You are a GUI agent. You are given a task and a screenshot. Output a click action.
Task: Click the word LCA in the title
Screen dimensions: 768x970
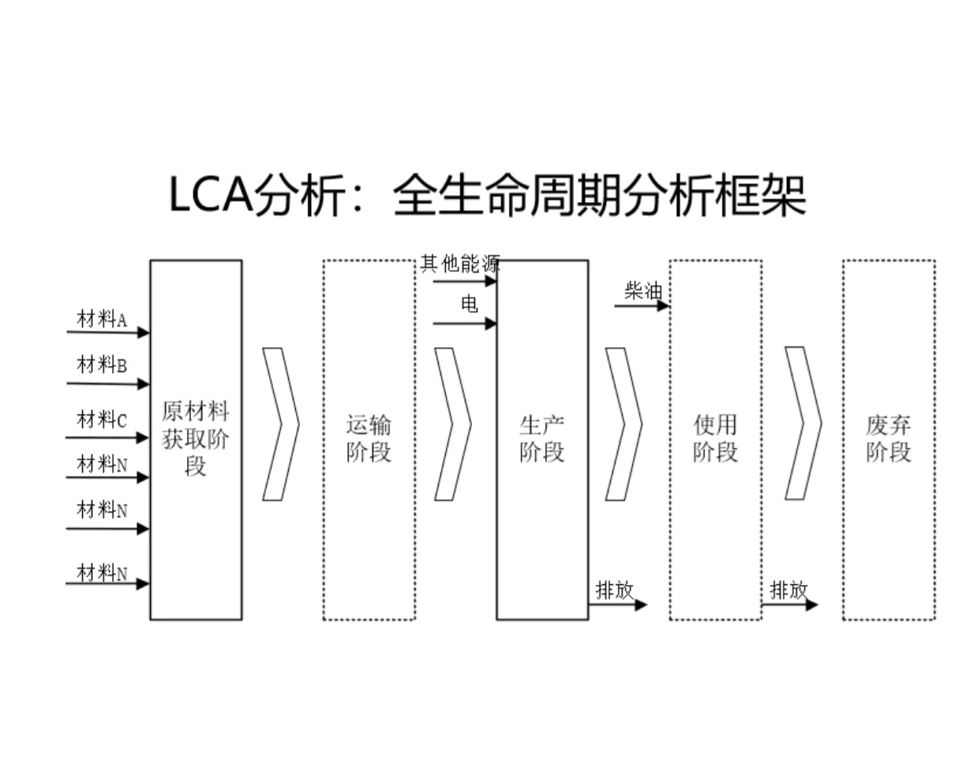click(210, 195)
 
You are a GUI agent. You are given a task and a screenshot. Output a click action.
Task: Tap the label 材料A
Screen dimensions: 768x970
click(101, 319)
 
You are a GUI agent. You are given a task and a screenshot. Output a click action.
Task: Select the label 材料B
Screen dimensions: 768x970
click(101, 365)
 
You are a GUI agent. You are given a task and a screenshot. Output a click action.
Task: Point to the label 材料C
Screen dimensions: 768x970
click(101, 419)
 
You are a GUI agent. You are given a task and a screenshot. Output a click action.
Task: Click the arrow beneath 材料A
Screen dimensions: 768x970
click(108, 332)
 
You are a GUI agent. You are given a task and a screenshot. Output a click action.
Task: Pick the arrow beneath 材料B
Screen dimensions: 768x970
click(108, 384)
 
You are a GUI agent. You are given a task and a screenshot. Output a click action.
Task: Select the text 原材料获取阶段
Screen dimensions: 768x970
click(195, 438)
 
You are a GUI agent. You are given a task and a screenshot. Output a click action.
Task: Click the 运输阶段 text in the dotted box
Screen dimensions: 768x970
click(369, 438)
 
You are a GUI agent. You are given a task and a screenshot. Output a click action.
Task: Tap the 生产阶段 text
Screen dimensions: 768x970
click(541, 438)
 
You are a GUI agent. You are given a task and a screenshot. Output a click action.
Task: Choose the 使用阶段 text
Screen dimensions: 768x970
click(715, 438)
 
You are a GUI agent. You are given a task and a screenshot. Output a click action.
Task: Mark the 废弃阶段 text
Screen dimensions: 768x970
click(888, 438)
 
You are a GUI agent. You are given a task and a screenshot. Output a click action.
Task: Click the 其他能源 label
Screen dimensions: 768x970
click(460, 264)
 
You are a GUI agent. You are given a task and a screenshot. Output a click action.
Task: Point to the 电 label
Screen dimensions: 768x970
click(469, 304)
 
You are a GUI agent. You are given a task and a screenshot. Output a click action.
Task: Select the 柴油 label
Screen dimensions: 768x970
click(643, 290)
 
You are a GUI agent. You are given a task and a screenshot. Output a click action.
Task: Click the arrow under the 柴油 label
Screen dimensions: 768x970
click(642, 305)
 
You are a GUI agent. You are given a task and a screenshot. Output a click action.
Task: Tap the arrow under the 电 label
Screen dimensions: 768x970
click(465, 323)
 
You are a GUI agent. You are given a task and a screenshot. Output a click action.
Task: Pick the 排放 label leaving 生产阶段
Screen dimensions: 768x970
click(614, 590)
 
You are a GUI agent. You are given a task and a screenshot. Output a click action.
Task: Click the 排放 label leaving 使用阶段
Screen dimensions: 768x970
click(788, 590)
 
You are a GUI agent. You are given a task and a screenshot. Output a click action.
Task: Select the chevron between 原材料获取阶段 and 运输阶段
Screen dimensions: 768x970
click(280, 424)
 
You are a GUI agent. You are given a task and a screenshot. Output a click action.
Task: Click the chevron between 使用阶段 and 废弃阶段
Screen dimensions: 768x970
click(803, 423)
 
